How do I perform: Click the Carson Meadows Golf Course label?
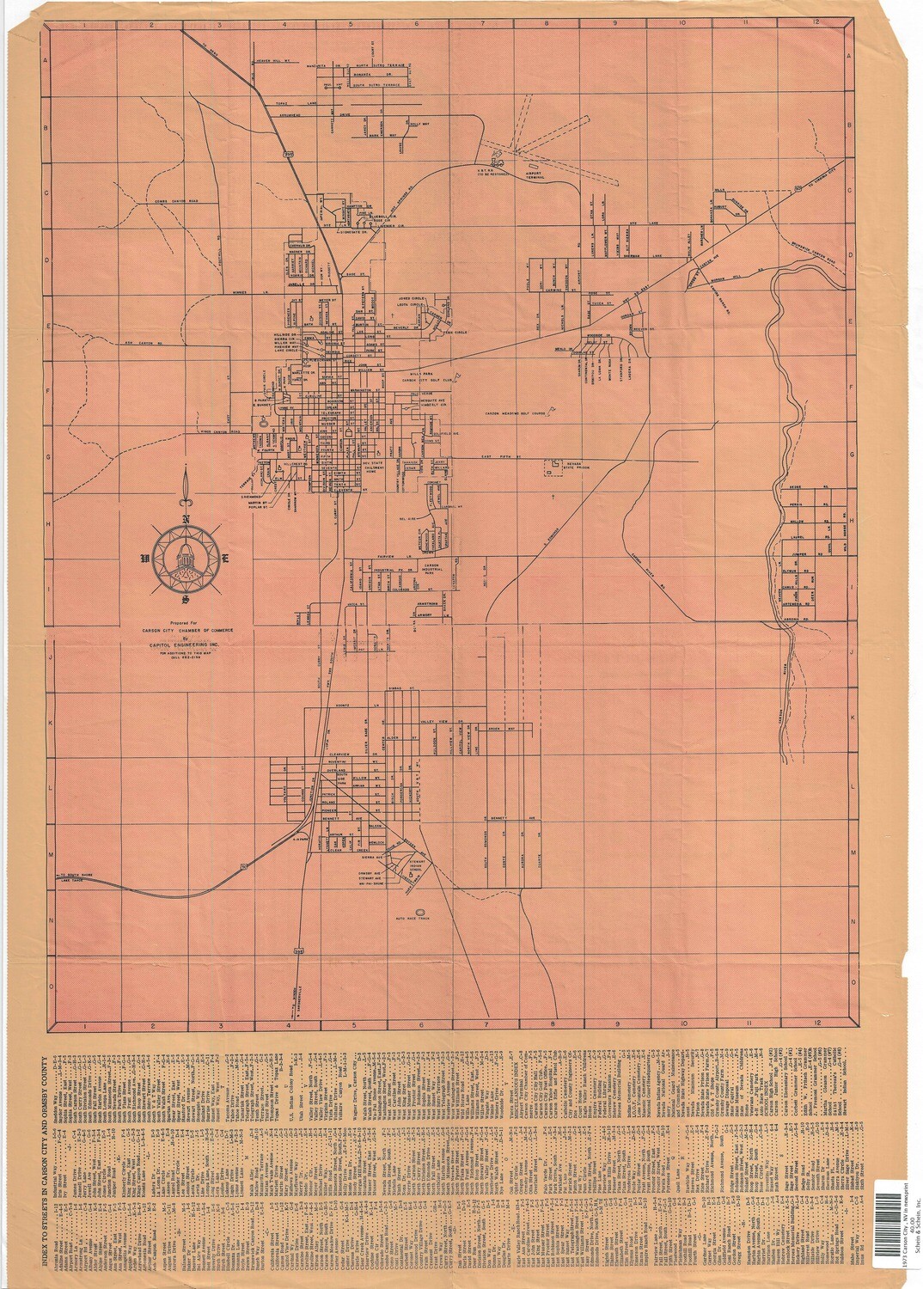[516, 412]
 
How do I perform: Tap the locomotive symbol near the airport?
[497, 159]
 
